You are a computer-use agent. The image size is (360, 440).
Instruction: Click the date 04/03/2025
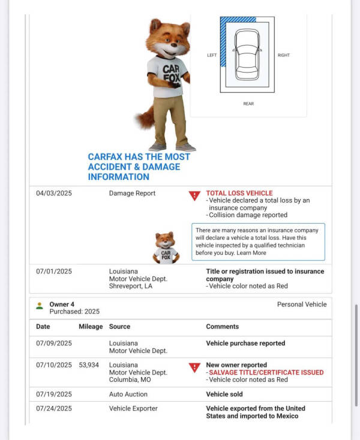click(53, 194)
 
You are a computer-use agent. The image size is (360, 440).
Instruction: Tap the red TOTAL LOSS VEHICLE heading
click(239, 194)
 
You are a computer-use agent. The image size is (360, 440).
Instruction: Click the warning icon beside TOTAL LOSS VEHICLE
click(194, 195)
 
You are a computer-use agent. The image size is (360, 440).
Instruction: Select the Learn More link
click(251, 253)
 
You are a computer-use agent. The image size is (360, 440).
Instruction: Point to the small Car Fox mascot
click(165, 248)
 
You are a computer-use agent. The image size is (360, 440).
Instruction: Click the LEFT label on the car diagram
click(212, 55)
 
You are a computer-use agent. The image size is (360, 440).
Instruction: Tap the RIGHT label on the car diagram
click(284, 55)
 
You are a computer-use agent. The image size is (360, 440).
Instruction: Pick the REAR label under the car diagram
click(248, 104)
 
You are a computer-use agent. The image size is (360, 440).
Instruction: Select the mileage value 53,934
click(89, 365)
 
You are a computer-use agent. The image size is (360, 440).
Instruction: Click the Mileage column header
click(91, 327)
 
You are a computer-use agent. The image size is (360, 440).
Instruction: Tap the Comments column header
click(222, 327)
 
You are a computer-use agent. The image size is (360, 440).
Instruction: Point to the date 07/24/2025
click(53, 408)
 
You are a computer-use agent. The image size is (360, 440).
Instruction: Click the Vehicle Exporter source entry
click(133, 408)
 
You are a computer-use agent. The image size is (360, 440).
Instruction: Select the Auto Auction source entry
click(128, 394)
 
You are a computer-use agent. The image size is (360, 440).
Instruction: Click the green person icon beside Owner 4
click(40, 306)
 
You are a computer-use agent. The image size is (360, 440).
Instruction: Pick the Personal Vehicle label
click(302, 305)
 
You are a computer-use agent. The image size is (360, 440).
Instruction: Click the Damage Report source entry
click(132, 194)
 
